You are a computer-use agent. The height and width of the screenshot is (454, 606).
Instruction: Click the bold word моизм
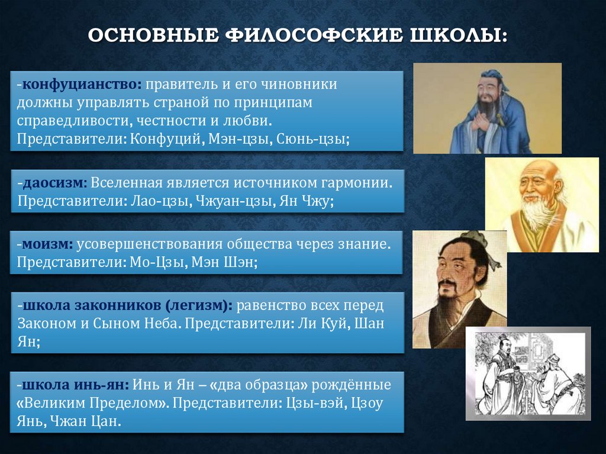click(x=48, y=244)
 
